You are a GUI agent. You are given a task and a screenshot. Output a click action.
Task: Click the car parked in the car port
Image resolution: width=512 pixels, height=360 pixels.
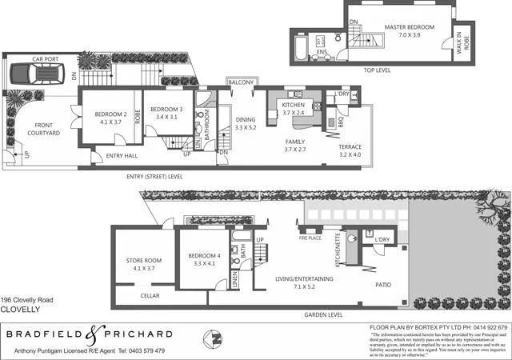(x=36, y=77)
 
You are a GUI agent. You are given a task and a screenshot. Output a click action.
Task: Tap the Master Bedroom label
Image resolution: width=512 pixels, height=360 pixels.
(x=409, y=31)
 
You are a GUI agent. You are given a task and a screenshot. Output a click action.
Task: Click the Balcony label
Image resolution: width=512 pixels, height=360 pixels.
(x=241, y=82)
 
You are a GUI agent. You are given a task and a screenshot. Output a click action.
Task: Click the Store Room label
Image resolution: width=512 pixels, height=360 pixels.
(x=144, y=265)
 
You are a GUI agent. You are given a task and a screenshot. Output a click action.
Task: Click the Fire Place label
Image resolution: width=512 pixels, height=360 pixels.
(x=310, y=238)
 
